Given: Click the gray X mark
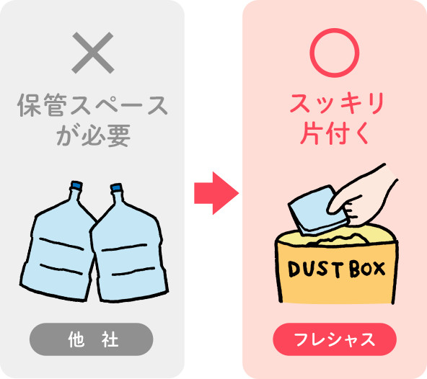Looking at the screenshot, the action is tap(92, 53).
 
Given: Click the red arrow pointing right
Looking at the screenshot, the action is tap(216, 193).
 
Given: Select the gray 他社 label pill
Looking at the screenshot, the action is tap(91, 339).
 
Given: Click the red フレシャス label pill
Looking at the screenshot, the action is tap(335, 339).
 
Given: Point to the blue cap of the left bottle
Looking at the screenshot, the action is tap(76, 185).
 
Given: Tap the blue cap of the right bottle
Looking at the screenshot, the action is tap(117, 187).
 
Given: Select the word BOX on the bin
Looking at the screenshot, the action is tap(367, 269).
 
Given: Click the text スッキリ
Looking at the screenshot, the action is tap(337, 103).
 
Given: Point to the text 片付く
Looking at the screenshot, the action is tap(335, 133).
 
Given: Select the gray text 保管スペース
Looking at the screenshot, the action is tap(92, 105).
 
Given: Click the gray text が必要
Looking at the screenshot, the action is tap(94, 135).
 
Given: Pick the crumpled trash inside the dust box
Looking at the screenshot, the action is tap(340, 239).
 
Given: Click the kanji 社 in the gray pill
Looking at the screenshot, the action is tap(110, 339).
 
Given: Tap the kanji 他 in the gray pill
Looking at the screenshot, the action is tap(76, 339).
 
